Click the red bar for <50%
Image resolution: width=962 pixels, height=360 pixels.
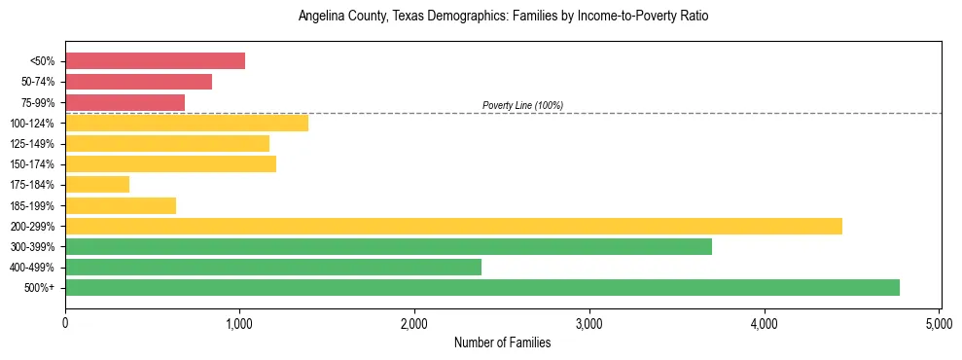pyautogui.click(x=155, y=61)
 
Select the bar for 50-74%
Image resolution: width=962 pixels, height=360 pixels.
pyautogui.click(x=138, y=82)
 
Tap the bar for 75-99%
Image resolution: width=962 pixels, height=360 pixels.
pyautogui.click(x=125, y=102)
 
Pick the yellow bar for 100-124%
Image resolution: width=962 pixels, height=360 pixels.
pyautogui.click(x=187, y=123)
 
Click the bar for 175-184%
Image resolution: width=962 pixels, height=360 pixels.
pyautogui.click(x=97, y=184)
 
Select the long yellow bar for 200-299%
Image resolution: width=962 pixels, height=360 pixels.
pyautogui.click(x=453, y=226)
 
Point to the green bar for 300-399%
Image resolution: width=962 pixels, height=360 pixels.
pyautogui.click(x=388, y=246)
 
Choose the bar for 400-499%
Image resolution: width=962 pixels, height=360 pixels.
pyautogui.click(x=273, y=267)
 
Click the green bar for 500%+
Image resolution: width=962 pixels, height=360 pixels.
pyautogui.click(x=482, y=287)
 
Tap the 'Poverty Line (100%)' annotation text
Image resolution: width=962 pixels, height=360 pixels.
pyautogui.click(x=522, y=105)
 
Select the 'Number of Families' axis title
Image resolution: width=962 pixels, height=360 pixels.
pyautogui.click(x=503, y=342)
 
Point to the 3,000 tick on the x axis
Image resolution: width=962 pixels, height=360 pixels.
pyautogui.click(x=589, y=322)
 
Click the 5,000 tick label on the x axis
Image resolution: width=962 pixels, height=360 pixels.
pyautogui.click(x=939, y=322)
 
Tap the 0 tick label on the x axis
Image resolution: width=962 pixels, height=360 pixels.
pyautogui.click(x=65, y=322)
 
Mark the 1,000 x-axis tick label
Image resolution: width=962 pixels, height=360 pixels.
pyautogui.click(x=239, y=322)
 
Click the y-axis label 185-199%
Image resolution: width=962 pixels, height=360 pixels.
pyautogui.click(x=32, y=205)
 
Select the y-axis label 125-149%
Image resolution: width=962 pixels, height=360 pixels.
pyautogui.click(x=32, y=144)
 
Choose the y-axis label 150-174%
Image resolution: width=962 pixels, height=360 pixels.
pyautogui.click(x=32, y=164)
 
